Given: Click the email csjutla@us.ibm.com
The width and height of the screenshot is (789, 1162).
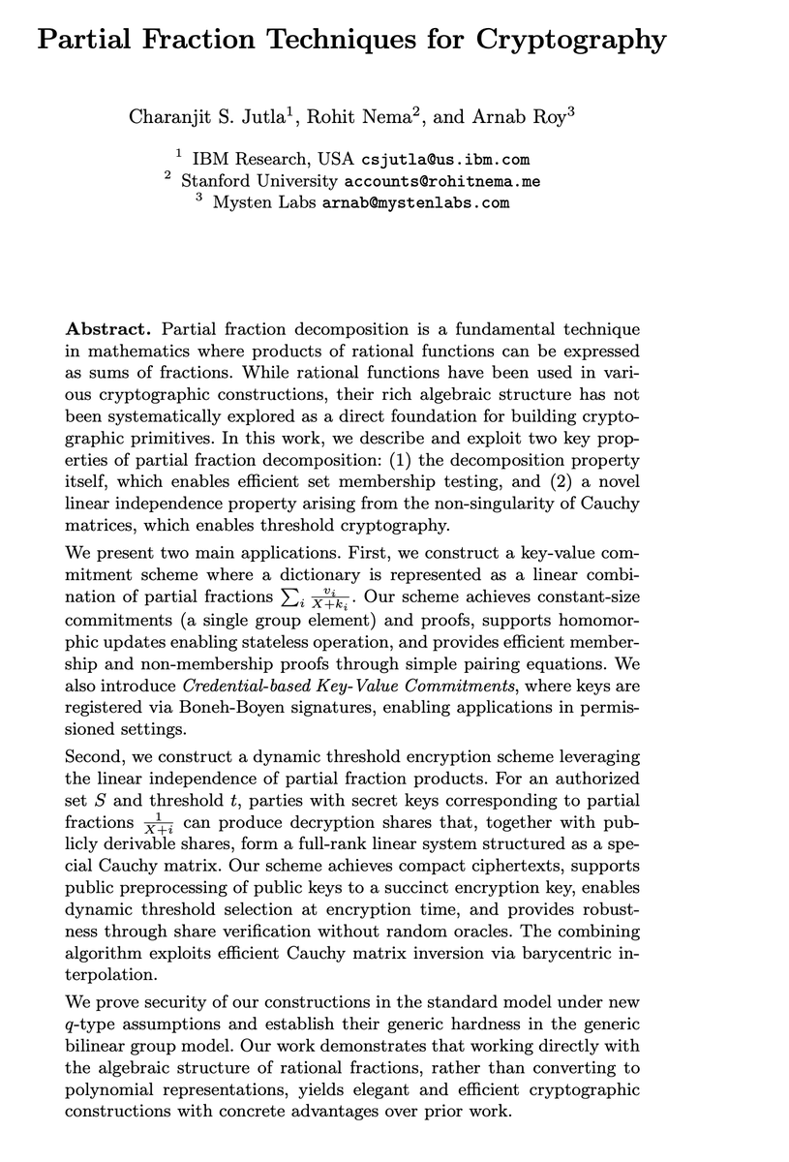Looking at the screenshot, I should click(x=444, y=159).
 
